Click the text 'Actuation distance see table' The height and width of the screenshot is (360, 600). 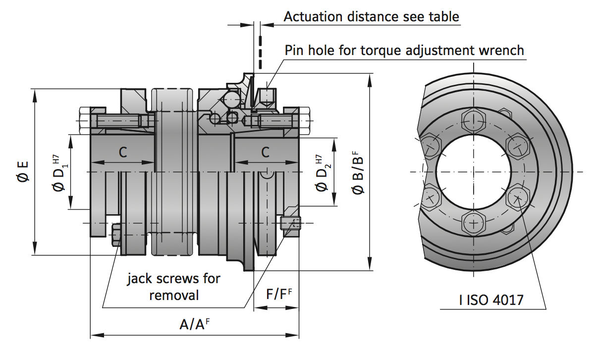[371, 16]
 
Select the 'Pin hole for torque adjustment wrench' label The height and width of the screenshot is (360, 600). [404, 50]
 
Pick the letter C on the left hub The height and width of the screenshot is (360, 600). [122, 153]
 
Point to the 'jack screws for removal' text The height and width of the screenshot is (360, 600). [173, 287]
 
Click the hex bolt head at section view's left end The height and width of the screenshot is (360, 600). [83, 120]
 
